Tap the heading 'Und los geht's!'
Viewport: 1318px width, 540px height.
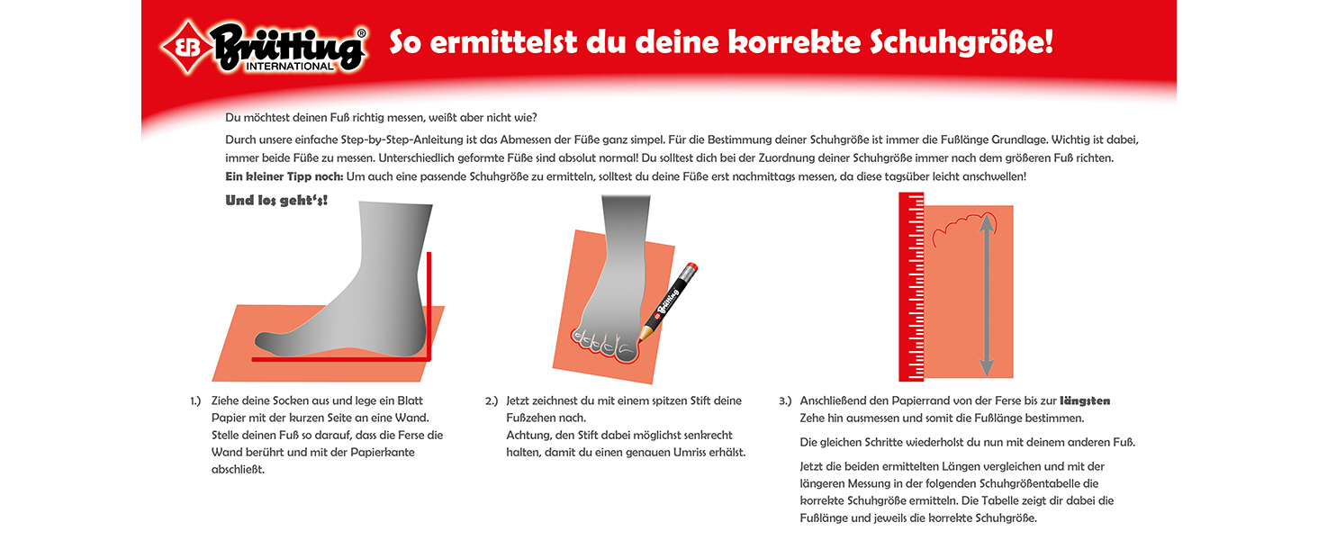coord(276,200)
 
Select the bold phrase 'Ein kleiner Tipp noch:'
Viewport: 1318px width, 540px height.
coord(284,176)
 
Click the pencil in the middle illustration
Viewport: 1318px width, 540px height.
coord(669,301)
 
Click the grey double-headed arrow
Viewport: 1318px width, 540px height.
coord(987,293)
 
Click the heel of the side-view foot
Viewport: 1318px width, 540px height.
coord(410,337)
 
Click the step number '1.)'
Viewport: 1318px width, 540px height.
coord(195,400)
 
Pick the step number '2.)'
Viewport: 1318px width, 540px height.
coord(492,400)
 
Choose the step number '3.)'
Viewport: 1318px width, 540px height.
coord(785,400)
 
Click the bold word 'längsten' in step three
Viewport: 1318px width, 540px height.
coord(1085,400)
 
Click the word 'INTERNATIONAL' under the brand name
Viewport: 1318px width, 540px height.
coord(290,67)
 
